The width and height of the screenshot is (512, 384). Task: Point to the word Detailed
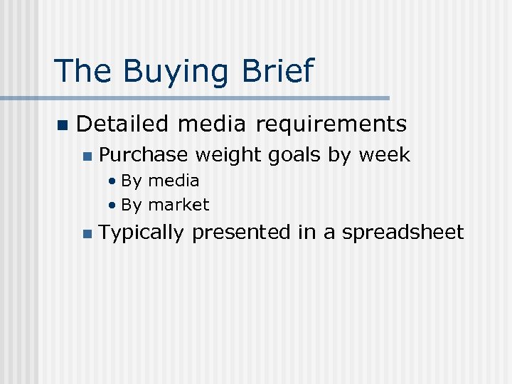click(x=122, y=124)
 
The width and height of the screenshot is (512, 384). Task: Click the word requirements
click(x=331, y=124)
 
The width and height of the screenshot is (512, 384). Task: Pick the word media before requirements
click(x=212, y=124)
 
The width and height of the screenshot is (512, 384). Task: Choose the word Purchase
click(x=143, y=155)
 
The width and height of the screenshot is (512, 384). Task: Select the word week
click(x=385, y=155)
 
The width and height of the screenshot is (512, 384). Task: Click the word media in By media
click(x=174, y=181)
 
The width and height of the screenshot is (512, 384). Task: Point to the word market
click(x=178, y=206)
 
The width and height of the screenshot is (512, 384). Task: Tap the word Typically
click(x=142, y=233)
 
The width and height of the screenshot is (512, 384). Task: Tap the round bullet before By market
click(x=112, y=206)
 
